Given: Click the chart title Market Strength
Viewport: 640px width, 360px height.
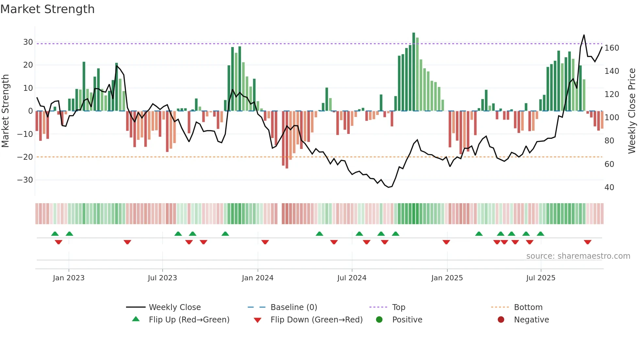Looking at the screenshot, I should [47, 9].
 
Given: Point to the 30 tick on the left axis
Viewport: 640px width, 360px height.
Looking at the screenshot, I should [28, 42].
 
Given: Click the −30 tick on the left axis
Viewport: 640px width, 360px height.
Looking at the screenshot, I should [25, 180].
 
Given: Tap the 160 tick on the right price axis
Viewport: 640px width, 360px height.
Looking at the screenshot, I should [612, 48].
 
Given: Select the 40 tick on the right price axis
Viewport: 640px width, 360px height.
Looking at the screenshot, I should [609, 188].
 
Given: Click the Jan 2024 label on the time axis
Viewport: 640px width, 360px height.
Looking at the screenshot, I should [258, 278].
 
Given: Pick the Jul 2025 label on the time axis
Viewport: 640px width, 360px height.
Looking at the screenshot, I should [541, 278].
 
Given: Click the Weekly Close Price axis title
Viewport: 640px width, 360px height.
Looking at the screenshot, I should [632, 111].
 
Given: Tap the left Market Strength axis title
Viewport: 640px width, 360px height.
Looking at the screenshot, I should [6, 111].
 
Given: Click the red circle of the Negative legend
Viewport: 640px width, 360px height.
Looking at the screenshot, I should [501, 319].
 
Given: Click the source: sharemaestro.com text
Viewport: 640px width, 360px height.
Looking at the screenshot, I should [578, 256].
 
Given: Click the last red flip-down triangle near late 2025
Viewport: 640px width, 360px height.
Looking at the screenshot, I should [588, 242].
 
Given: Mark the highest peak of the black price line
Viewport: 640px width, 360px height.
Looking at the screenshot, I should [584, 35].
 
